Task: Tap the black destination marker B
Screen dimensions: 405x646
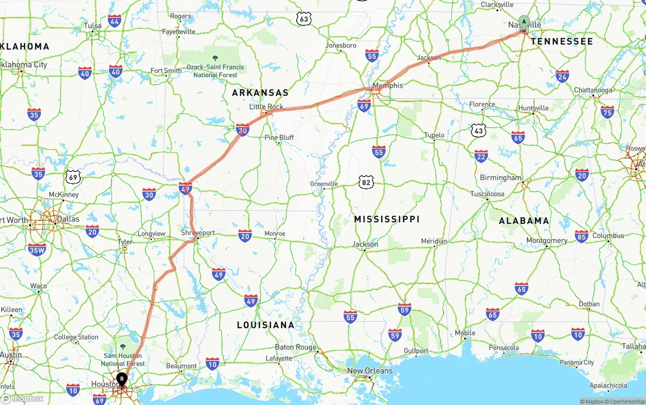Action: click(122, 379)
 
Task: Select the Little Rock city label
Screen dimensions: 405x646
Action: click(266, 107)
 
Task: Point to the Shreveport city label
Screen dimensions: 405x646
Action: click(198, 233)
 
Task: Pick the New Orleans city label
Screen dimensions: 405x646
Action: click(369, 371)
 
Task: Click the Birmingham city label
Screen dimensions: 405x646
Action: click(501, 178)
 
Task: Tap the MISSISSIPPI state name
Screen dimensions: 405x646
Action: click(387, 219)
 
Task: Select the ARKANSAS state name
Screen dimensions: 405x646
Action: click(260, 93)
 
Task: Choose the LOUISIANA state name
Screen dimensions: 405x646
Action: click(265, 325)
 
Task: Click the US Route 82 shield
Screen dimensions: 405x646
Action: click(366, 182)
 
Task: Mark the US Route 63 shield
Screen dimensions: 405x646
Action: click(303, 19)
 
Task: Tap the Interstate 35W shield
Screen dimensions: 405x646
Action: click(37, 249)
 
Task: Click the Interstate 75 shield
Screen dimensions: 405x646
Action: click(608, 111)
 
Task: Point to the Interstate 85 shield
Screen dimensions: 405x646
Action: click(581, 236)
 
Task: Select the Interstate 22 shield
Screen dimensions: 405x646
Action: click(481, 156)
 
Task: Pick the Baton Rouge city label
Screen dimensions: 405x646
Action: click(296, 348)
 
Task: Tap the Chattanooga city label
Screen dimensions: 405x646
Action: click(593, 90)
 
